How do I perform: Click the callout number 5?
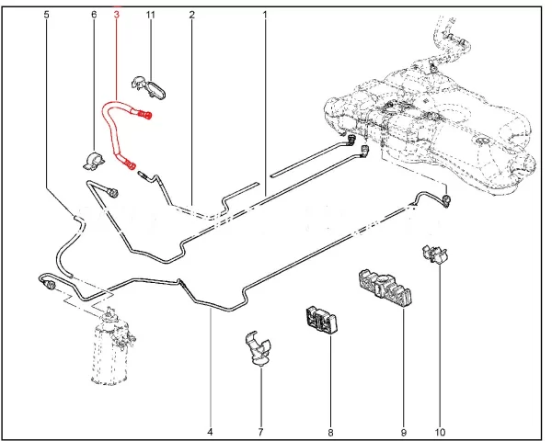(47, 16)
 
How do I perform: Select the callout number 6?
(93, 16)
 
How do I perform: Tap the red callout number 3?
(117, 16)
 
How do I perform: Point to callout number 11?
(150, 16)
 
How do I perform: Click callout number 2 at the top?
(191, 16)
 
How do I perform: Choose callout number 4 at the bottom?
(211, 431)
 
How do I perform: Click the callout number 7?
(260, 431)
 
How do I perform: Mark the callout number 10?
(440, 431)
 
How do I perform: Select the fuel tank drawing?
(432, 119)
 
